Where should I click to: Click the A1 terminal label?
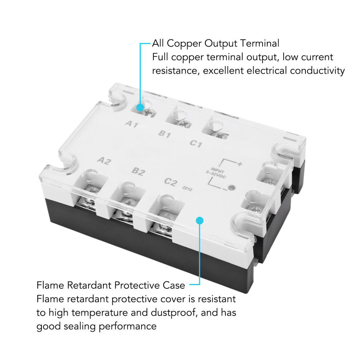(132, 124)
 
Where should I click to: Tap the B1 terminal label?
(165, 133)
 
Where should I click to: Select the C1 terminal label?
(196, 144)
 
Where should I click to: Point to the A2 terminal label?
(104, 161)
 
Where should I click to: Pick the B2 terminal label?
(139, 171)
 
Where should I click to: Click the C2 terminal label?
(171, 181)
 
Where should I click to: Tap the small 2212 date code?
(187, 188)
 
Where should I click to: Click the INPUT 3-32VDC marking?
(216, 173)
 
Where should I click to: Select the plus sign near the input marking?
(240, 164)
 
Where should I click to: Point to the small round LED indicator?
(231, 188)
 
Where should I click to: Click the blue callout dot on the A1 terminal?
(140, 107)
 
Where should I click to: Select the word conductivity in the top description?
(317, 71)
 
